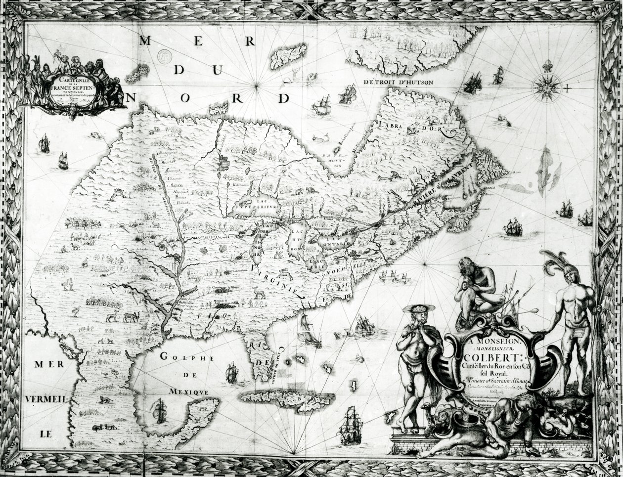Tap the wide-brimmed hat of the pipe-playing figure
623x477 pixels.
pyautogui.click(x=418, y=308)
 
